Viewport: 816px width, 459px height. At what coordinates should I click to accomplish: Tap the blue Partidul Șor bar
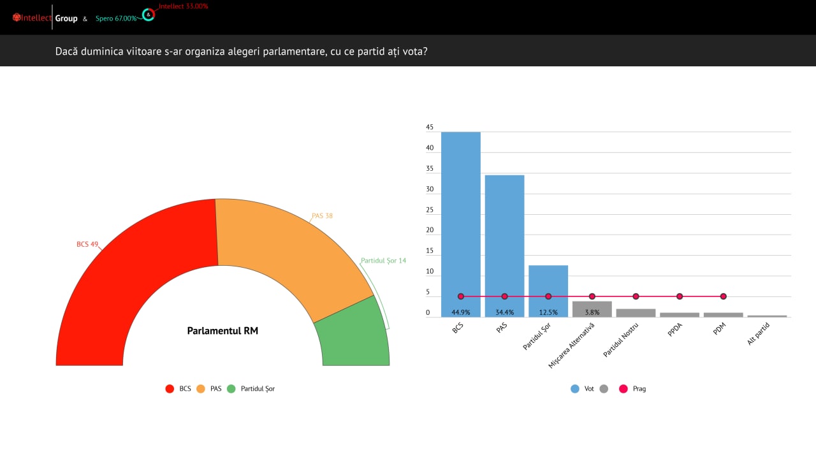[x=548, y=280]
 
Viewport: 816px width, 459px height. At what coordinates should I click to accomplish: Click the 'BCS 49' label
[x=87, y=244]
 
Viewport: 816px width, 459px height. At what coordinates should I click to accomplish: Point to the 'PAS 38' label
[x=322, y=215]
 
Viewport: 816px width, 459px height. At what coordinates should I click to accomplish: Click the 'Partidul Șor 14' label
[x=383, y=261]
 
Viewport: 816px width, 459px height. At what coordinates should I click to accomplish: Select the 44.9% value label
[x=460, y=312]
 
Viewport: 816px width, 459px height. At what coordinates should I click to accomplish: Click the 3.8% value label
[x=592, y=312]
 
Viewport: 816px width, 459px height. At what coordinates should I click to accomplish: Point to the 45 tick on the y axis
[x=430, y=127]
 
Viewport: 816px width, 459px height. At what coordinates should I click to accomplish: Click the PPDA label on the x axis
[x=675, y=331]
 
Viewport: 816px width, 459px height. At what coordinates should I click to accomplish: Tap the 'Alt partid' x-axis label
[x=758, y=334]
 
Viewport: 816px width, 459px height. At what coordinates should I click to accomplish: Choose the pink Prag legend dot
[x=623, y=388]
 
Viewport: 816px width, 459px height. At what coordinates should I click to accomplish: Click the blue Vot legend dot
[x=575, y=388]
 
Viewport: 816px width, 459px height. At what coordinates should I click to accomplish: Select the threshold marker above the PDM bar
[x=723, y=296]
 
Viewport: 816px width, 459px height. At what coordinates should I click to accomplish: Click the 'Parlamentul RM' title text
[x=222, y=331]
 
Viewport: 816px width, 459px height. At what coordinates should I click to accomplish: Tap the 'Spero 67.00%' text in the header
[x=116, y=18]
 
